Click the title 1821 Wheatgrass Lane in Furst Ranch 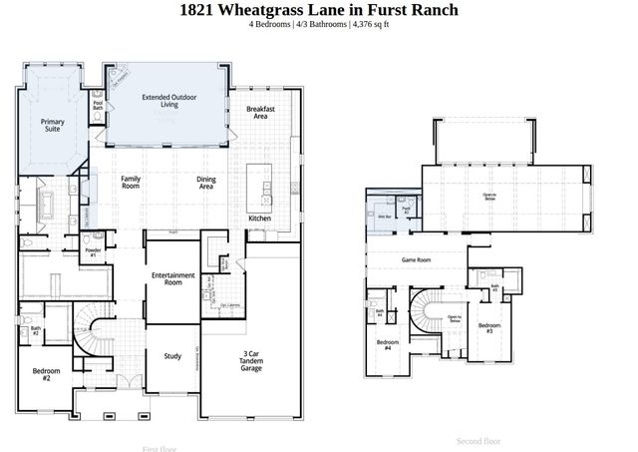point(319,10)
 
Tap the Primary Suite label point(53,124)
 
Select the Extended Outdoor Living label point(165,101)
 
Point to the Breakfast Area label point(260,112)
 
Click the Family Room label point(131,182)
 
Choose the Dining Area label point(206,182)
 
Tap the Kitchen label point(259,218)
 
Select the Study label point(172,355)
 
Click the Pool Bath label point(98,104)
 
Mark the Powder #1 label point(92,252)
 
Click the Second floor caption point(478,440)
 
